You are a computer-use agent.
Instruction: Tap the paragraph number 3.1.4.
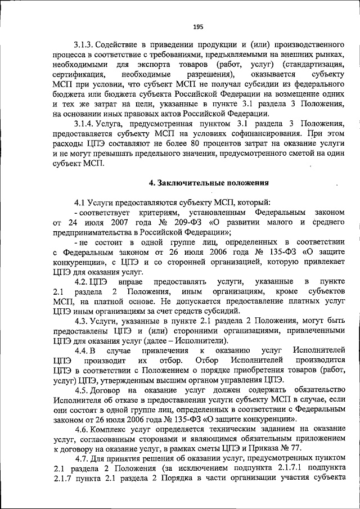click(x=84, y=123)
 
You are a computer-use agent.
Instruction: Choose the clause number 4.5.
click(x=83, y=390)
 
